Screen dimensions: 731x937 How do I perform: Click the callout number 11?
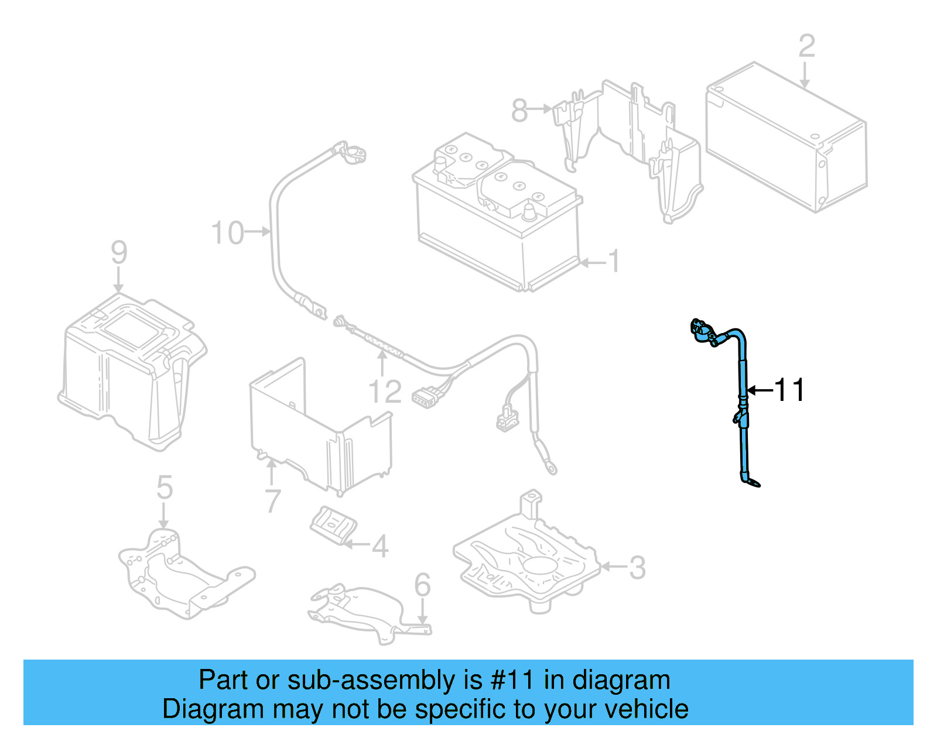tap(789, 390)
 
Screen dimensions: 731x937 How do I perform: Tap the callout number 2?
tap(806, 46)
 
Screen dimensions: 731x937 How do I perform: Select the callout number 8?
tap(519, 109)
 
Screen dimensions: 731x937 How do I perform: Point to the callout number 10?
tap(227, 233)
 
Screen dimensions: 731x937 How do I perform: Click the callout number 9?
tap(119, 252)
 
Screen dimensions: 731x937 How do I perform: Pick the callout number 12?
tap(385, 392)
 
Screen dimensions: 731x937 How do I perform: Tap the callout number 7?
tap(273, 501)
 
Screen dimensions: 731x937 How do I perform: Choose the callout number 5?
tap(165, 488)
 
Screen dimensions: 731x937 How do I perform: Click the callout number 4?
tap(380, 546)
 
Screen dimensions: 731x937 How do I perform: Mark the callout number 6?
tap(422, 585)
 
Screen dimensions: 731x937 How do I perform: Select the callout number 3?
tap(637, 567)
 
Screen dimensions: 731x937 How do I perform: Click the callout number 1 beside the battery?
tap(613, 261)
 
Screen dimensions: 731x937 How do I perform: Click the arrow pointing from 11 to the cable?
tap(760, 390)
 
